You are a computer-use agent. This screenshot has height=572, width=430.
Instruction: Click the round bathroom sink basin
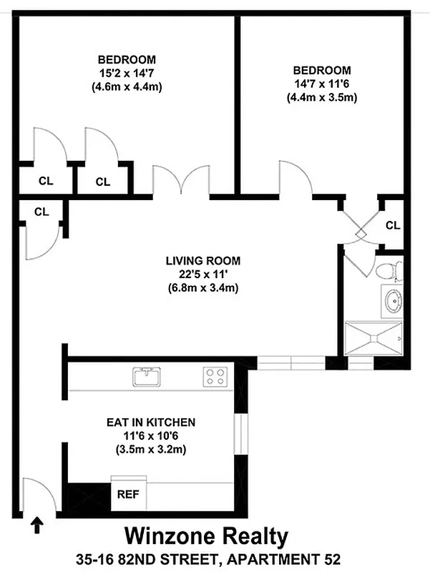[392, 301]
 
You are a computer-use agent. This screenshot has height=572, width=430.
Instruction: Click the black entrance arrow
[37, 527]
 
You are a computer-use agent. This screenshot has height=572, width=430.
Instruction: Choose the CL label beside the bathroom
[392, 225]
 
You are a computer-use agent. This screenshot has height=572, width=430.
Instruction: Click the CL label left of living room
[41, 212]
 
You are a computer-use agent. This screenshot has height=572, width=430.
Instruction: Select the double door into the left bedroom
[181, 180]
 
